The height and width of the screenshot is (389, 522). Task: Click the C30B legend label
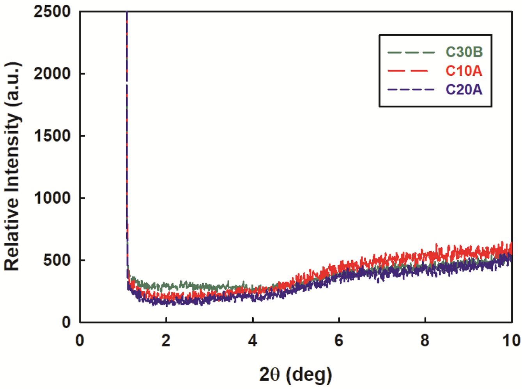(464, 52)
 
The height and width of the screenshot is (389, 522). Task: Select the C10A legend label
(464, 71)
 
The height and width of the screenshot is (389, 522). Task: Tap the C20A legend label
(464, 90)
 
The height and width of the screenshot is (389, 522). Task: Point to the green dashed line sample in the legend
(411, 52)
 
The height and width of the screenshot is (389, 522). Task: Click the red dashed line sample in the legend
(408, 71)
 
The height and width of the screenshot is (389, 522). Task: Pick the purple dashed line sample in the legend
(411, 90)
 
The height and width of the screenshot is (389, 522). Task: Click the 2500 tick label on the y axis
(52, 12)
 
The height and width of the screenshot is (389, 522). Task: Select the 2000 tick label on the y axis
(52, 74)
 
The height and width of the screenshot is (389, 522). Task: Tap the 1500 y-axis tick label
(52, 136)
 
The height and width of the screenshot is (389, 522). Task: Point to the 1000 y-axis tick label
(52, 198)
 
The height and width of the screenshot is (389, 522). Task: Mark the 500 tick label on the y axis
(57, 260)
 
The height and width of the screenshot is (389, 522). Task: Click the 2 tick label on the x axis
(166, 341)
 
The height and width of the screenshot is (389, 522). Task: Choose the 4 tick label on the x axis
(253, 341)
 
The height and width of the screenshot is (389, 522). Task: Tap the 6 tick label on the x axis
(339, 341)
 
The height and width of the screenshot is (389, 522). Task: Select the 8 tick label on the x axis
(425, 341)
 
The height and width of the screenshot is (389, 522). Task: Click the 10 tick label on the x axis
(511, 341)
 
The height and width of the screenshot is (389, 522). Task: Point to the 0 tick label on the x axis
(80, 341)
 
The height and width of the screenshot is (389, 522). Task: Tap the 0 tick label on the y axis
(66, 323)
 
